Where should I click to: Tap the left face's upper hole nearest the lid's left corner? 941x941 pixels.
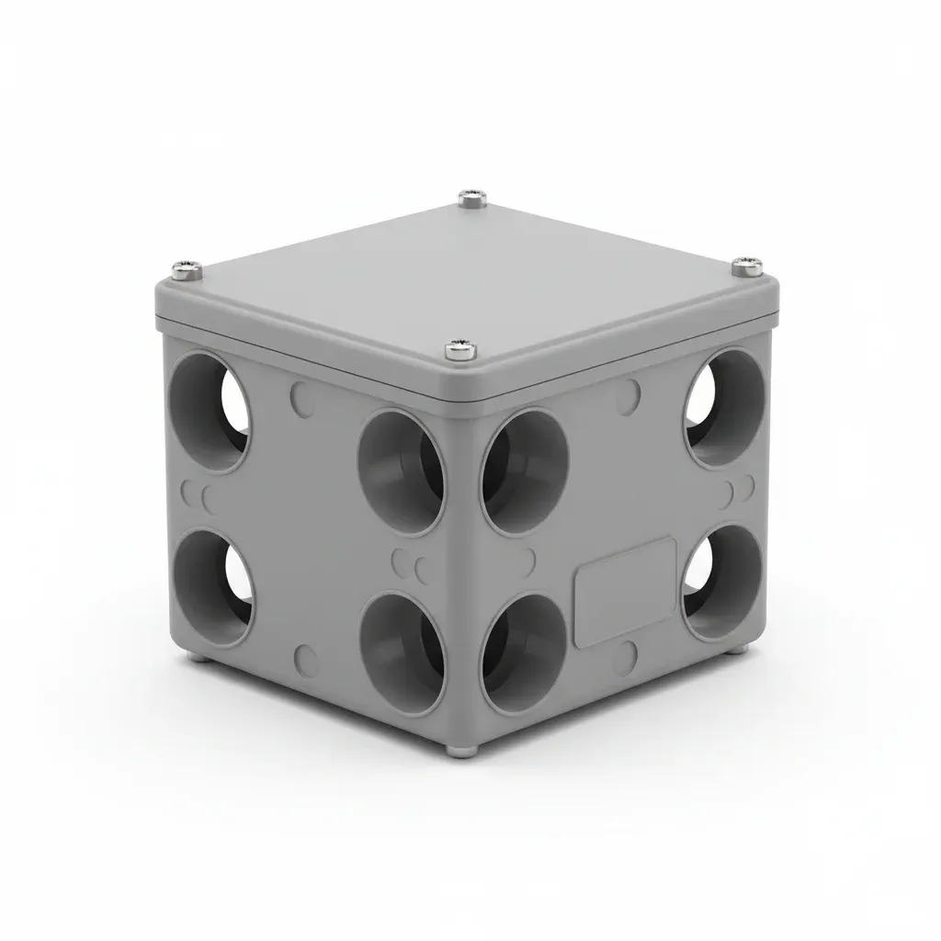(210, 413)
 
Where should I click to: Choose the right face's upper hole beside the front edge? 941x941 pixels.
(525, 471)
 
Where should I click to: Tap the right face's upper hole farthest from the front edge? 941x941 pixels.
(725, 406)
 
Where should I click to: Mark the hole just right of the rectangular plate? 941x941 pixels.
(723, 581)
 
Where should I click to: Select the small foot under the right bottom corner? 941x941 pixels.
(741, 650)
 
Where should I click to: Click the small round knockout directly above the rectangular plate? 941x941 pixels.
(629, 396)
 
